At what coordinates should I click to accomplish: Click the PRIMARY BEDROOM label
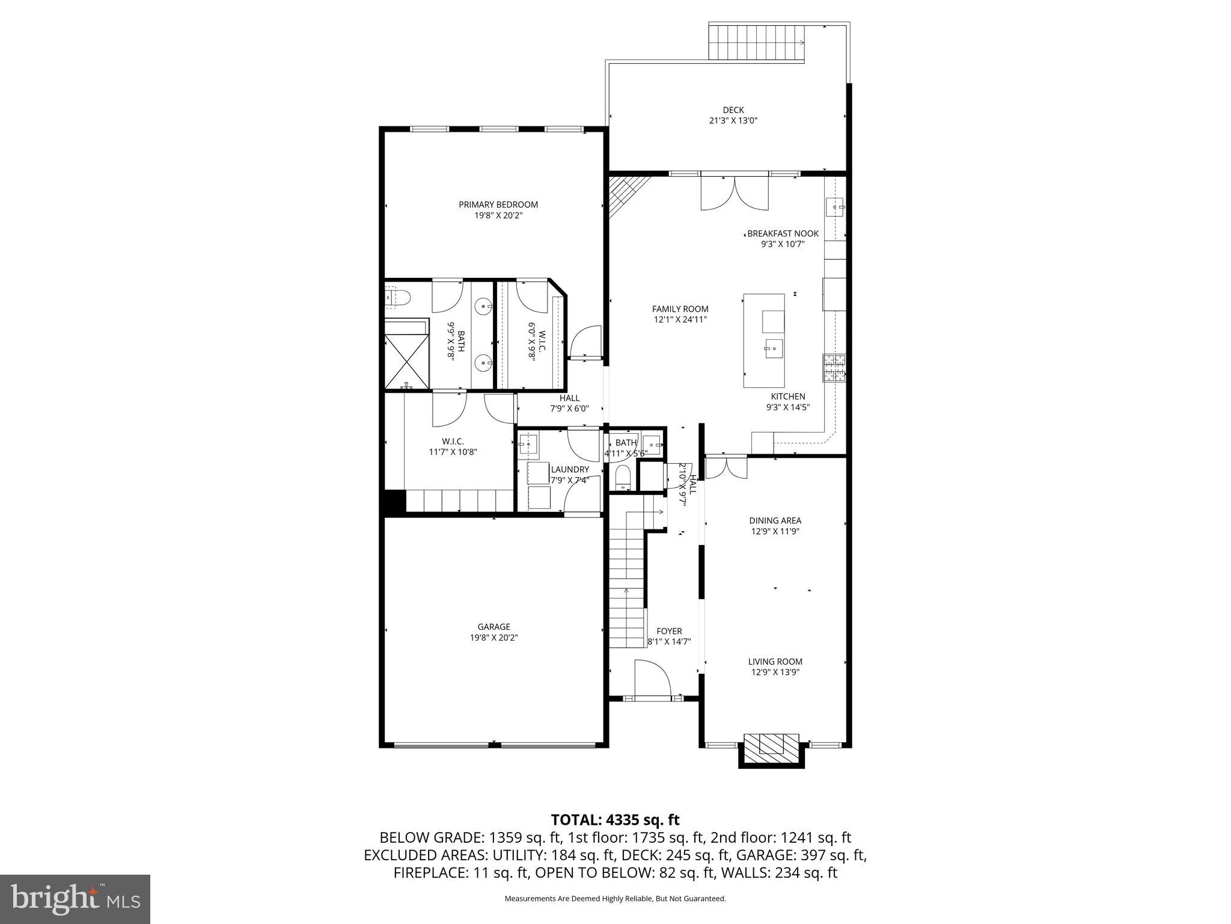coord(498,205)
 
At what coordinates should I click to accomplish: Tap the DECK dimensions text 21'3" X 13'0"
coord(733,120)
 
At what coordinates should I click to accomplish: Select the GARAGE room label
coord(493,627)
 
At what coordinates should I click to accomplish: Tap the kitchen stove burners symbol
coord(833,369)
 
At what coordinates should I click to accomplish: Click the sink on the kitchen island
coord(774,348)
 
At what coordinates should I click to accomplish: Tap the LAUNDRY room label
coord(570,469)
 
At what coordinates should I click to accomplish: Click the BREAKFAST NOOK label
coord(783,233)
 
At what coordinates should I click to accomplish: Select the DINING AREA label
coord(775,520)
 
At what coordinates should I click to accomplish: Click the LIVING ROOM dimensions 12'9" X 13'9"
coord(775,673)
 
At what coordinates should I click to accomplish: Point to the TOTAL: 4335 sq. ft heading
coord(615,819)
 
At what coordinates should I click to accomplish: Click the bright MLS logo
coord(75,899)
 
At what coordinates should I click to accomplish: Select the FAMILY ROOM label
coord(680,309)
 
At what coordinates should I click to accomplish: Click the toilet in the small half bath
coord(623,478)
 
